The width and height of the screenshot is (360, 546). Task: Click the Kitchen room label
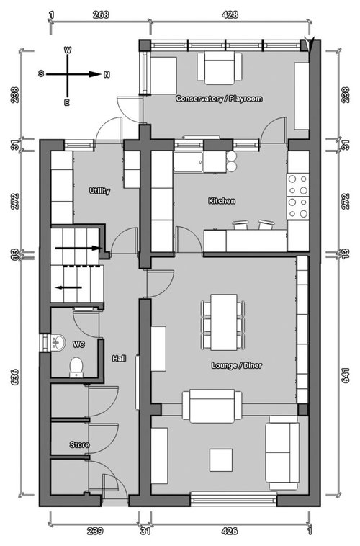coord(222,201)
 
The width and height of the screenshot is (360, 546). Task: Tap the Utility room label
coord(99,191)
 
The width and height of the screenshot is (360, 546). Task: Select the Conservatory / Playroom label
coord(219,99)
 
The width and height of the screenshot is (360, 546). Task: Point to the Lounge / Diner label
coord(237,366)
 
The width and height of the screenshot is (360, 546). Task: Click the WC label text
coord(78,345)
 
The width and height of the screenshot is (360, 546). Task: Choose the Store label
coord(79,444)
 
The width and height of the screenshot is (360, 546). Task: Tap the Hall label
coord(119,358)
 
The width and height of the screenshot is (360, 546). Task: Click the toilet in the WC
coord(76,367)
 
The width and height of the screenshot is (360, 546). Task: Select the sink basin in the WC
coord(58,342)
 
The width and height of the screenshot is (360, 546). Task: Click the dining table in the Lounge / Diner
coord(224,323)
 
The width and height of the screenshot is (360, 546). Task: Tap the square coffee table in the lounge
coord(221,460)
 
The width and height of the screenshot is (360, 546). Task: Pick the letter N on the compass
coord(107,74)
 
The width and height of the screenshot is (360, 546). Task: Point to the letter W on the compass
coord(68,50)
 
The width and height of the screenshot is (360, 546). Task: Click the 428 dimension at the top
coord(230,14)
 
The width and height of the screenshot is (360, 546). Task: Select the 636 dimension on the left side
coord(14,377)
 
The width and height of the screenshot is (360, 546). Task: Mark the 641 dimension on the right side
coord(346,375)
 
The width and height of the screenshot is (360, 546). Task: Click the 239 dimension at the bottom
coord(95,531)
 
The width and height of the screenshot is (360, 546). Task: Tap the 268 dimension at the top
coord(101,14)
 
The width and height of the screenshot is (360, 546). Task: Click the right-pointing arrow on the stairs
coord(78,249)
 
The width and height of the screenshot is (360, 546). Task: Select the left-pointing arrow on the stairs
coord(69,287)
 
